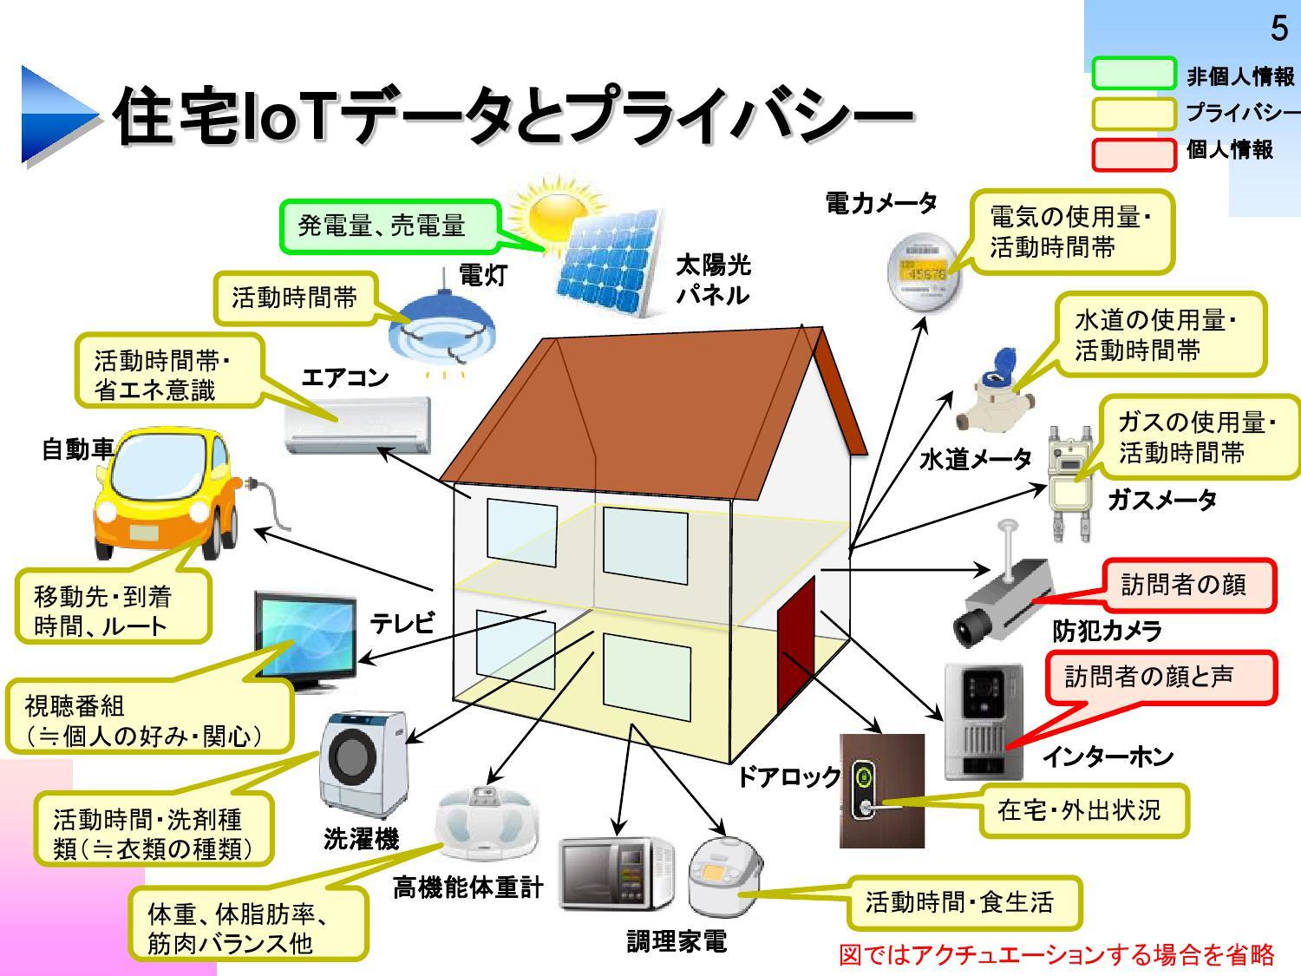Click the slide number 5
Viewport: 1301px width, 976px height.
coord(1278,29)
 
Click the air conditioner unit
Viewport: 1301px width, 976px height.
coord(358,426)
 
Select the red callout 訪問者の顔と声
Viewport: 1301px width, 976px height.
coord(1160,678)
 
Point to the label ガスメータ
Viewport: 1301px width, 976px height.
coord(1162,501)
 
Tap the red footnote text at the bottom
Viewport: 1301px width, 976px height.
coord(1056,955)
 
